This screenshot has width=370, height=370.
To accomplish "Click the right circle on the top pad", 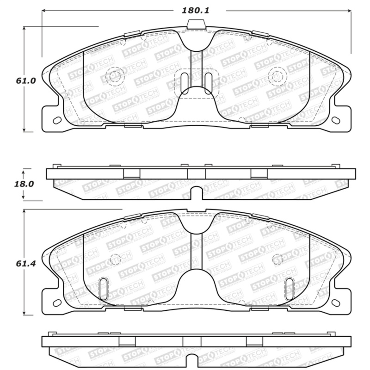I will (x=277, y=76).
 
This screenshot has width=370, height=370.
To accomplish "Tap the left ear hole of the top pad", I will (x=57, y=121).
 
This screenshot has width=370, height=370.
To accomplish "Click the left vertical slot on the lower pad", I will (x=104, y=287).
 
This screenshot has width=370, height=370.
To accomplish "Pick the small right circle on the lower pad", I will (x=277, y=258).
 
